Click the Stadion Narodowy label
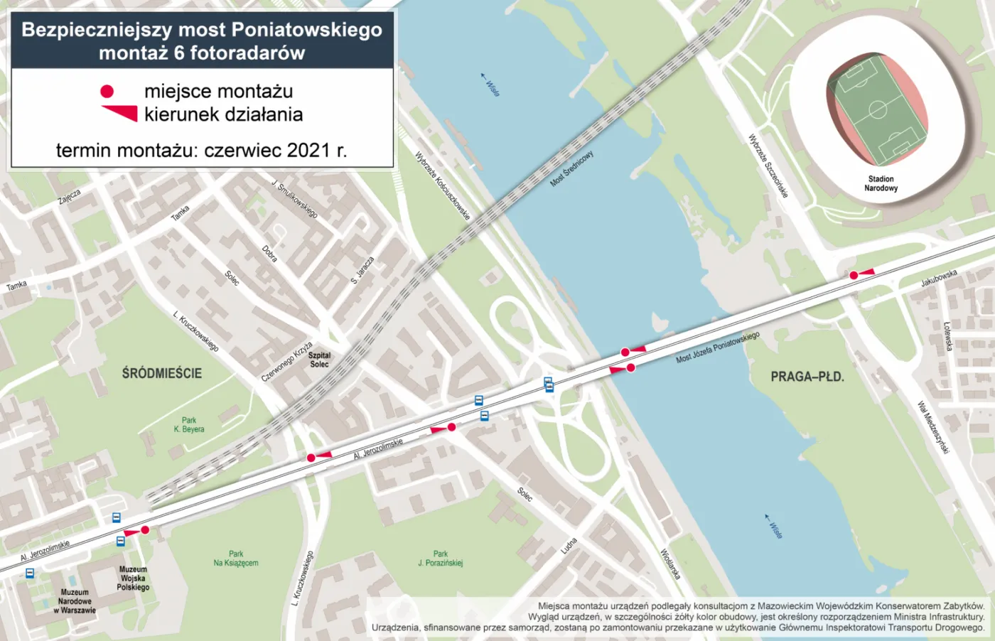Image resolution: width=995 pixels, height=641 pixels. (x=881, y=183)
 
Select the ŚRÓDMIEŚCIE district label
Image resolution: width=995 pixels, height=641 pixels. (x=162, y=373)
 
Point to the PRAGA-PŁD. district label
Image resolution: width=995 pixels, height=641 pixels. (x=807, y=377)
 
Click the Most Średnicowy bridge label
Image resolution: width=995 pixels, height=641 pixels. (x=571, y=169)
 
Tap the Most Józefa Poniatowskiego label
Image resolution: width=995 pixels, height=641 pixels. (x=718, y=348)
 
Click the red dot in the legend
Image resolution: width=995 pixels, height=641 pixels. (x=107, y=91)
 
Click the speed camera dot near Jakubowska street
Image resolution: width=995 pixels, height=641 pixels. (x=854, y=275)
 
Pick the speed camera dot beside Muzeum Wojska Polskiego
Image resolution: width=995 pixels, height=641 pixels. (x=145, y=530)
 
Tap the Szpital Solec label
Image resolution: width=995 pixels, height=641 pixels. (x=319, y=360)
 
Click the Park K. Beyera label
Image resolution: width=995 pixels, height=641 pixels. (x=189, y=425)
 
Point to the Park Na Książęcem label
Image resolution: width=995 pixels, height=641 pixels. (x=236, y=559)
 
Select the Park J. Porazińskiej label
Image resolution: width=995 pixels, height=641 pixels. (x=441, y=559)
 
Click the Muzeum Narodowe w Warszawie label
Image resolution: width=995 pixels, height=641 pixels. (x=75, y=601)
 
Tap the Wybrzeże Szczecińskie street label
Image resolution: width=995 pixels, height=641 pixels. (x=768, y=166)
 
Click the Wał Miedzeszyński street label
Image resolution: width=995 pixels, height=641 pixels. (x=933, y=427)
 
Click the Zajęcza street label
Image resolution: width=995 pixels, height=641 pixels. (x=70, y=197)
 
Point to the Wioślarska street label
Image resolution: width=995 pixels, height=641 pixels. (x=671, y=564)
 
